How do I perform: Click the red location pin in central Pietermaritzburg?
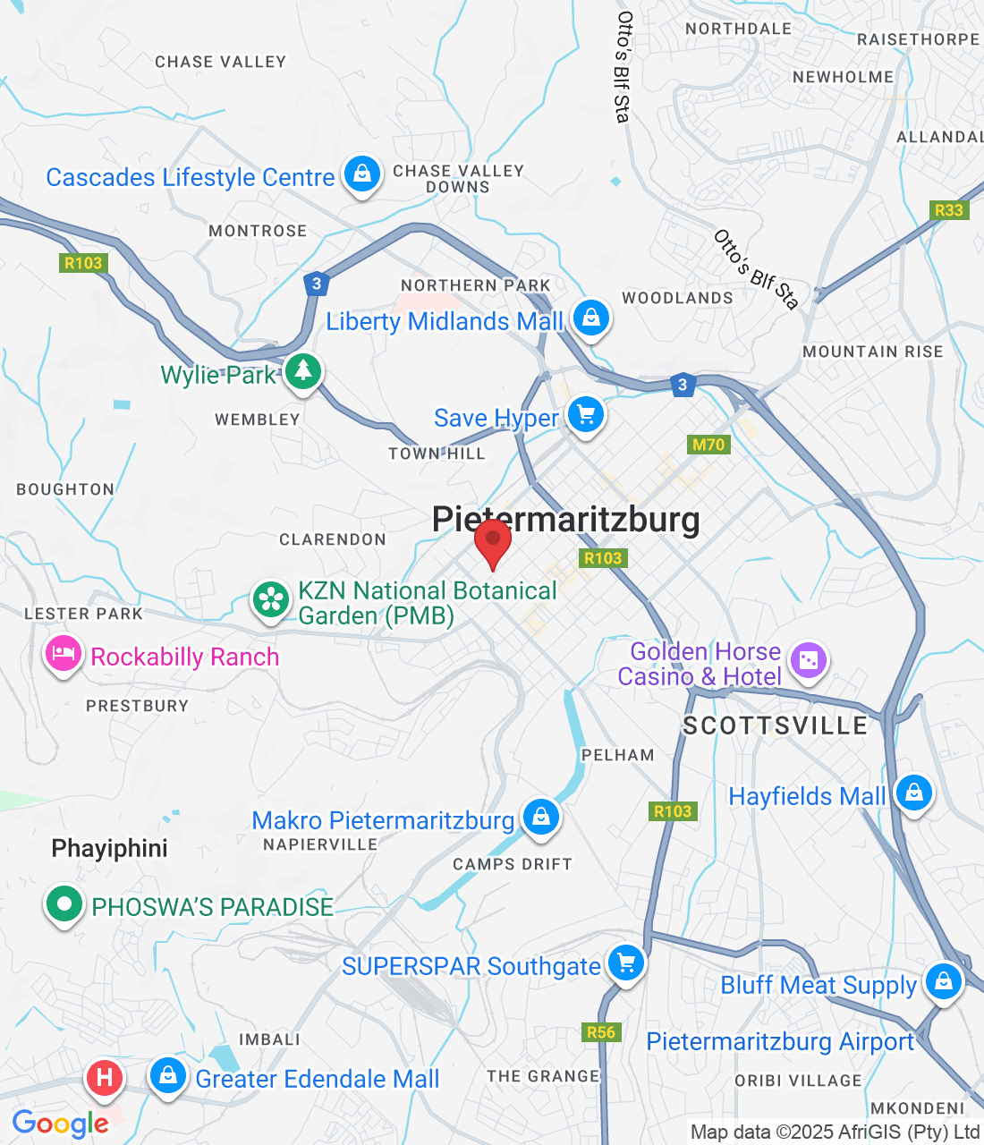[x=492, y=539]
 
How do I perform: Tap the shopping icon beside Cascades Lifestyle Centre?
[x=362, y=173]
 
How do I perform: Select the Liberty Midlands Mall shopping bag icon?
[x=590, y=317]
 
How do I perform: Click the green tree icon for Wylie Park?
[x=303, y=369]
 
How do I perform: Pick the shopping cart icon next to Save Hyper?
[x=586, y=414]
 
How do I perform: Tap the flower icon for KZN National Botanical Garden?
[x=270, y=599]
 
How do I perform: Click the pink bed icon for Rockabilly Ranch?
[x=63, y=654]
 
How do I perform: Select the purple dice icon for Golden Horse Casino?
[x=808, y=661]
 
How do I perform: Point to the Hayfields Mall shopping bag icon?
[x=913, y=793]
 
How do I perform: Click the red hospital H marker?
[x=104, y=1076]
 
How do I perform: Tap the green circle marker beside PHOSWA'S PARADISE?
[x=64, y=903]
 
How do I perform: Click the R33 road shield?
[x=948, y=210]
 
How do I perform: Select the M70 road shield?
[x=708, y=445]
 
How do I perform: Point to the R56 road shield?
[x=601, y=1032]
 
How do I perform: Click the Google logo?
[x=60, y=1124]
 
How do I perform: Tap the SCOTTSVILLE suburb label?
[x=775, y=725]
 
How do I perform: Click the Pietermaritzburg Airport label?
[x=780, y=1042]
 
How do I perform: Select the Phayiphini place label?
[x=109, y=848]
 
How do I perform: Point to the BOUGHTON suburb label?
[x=65, y=489]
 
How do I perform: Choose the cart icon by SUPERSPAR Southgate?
[x=625, y=963]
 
